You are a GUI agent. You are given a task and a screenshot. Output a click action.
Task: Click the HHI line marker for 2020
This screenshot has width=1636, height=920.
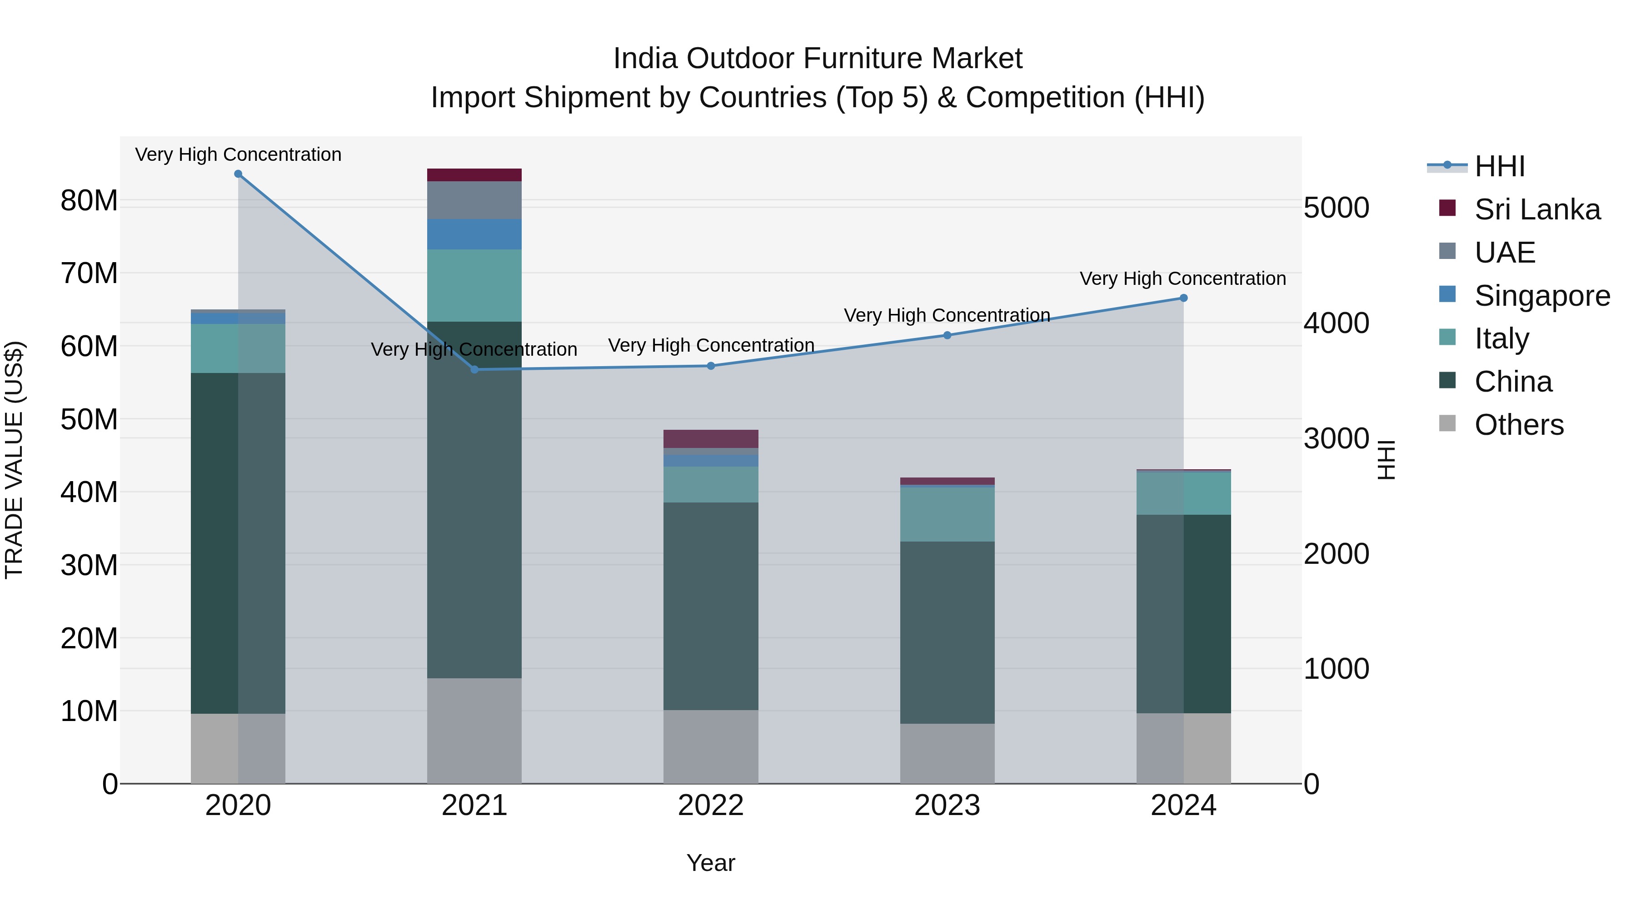tap(238, 174)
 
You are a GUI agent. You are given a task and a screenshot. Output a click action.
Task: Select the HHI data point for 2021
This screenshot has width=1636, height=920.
tap(474, 369)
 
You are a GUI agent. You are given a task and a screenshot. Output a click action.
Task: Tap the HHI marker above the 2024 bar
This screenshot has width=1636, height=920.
tap(1183, 298)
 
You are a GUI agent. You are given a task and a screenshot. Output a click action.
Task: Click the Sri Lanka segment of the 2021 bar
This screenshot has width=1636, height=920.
tap(474, 175)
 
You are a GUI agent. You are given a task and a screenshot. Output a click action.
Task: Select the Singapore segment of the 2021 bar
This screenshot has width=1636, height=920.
tap(474, 234)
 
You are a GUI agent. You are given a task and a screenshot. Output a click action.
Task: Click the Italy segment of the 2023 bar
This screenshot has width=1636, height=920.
tap(947, 514)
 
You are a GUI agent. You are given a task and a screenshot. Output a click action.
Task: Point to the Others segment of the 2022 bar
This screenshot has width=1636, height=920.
tap(711, 746)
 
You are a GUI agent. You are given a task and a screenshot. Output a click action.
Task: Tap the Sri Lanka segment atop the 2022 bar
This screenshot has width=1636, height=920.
tap(711, 439)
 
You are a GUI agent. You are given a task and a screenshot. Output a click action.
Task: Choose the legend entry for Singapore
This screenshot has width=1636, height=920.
tap(1541, 296)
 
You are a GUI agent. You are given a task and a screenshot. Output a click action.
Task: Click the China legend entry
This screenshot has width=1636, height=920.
tap(1513, 382)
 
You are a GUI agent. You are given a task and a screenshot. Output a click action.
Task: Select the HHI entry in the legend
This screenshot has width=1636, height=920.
tap(1499, 166)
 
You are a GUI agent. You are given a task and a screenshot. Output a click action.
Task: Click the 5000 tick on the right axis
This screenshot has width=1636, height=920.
tap(1336, 208)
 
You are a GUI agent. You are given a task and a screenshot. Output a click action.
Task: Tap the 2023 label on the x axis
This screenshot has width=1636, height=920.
tap(947, 806)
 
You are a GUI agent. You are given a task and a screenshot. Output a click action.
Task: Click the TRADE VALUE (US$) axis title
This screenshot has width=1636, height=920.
tap(15, 460)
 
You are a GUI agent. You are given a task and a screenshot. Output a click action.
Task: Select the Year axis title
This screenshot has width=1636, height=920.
tap(711, 863)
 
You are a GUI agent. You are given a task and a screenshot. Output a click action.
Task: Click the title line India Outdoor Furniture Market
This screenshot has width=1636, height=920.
tap(818, 59)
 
